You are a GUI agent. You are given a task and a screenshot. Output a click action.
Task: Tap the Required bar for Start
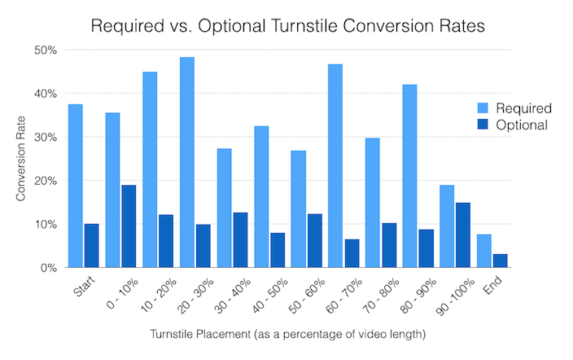click(x=75, y=187)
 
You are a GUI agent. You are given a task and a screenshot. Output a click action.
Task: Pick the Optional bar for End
click(x=501, y=261)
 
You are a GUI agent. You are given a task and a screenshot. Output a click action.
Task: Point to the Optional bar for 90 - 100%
click(x=463, y=235)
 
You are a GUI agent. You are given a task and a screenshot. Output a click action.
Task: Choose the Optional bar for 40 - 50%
click(x=278, y=250)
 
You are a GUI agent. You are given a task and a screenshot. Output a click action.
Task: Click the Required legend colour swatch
click(x=480, y=108)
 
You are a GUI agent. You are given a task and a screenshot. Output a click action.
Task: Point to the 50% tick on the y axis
click(x=45, y=50)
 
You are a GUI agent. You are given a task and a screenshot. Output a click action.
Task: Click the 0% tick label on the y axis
click(x=48, y=268)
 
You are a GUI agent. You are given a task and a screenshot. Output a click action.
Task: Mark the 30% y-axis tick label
click(x=45, y=138)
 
